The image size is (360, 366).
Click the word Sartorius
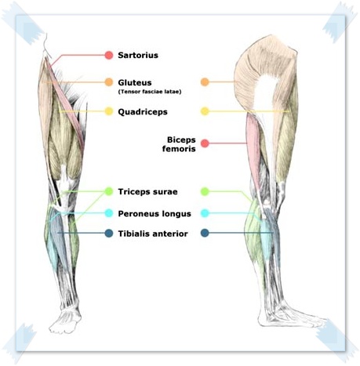[138, 55]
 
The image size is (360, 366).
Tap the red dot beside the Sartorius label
[109, 55]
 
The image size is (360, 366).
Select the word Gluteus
[135, 82]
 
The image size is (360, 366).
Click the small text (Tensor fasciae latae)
[150, 92]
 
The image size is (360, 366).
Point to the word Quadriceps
[143, 112]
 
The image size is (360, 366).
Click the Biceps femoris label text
[179, 144]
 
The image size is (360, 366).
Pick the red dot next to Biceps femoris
[205, 143]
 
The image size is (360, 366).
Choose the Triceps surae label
[147, 192]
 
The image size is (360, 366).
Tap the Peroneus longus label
[155, 213]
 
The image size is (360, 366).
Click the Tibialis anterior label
[153, 234]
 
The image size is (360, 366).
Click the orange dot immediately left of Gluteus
[109, 82]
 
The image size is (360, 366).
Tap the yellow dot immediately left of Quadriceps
[109, 111]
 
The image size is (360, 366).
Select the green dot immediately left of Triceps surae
[109, 191]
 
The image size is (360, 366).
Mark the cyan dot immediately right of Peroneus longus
[205, 213]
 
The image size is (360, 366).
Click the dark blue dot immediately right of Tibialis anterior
[205, 233]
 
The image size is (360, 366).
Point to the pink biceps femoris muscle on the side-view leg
[253, 151]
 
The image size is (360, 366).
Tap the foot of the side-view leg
[290, 315]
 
